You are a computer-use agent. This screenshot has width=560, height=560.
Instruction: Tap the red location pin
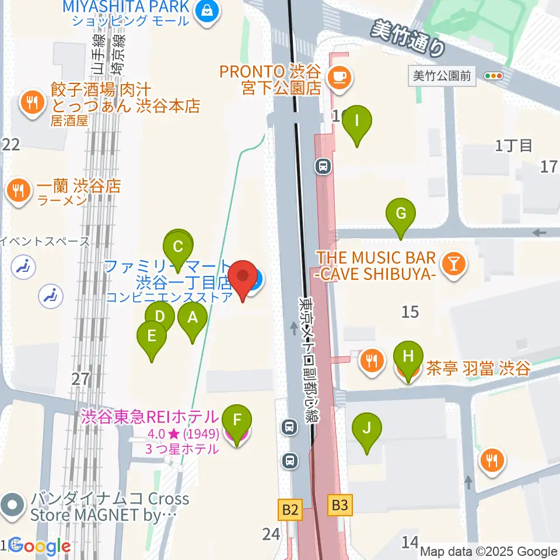(x=243, y=279)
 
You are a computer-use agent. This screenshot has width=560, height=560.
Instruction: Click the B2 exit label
(x=290, y=511)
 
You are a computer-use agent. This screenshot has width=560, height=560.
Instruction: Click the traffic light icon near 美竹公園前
(x=494, y=76)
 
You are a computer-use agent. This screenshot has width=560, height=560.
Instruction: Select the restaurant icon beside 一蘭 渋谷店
(x=19, y=190)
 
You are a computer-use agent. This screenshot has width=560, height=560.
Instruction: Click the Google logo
(x=39, y=547)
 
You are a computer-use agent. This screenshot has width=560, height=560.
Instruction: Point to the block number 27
(x=80, y=379)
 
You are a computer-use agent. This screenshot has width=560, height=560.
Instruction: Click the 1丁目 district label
(x=514, y=146)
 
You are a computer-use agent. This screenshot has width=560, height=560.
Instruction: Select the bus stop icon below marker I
(x=323, y=167)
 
